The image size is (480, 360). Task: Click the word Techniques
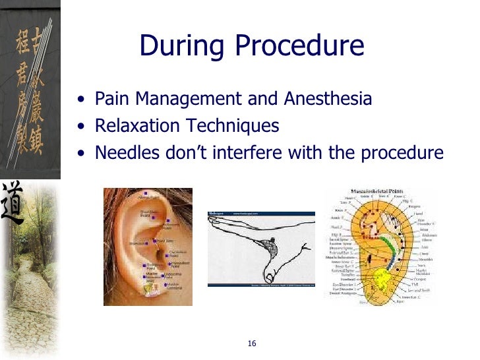(233, 126)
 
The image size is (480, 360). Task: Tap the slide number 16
(252, 344)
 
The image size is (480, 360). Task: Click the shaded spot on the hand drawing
(269, 249)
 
